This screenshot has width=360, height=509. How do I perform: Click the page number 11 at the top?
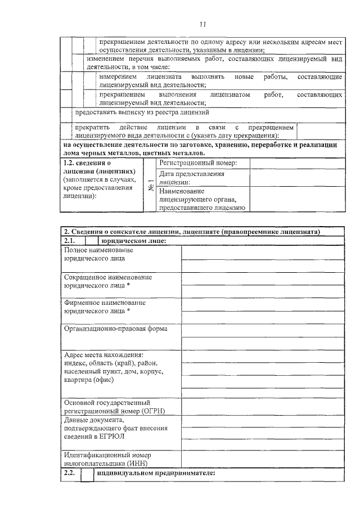click(203, 24)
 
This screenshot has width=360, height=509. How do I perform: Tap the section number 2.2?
click(69, 474)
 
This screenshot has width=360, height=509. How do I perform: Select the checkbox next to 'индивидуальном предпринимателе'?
click(87, 474)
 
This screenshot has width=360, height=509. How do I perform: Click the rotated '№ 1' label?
click(151, 186)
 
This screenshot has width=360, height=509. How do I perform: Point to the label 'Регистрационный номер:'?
click(190, 163)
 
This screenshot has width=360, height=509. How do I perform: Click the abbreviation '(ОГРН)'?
click(148, 411)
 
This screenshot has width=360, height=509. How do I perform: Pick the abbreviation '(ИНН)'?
click(137, 463)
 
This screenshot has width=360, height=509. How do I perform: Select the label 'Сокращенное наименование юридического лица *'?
click(107, 281)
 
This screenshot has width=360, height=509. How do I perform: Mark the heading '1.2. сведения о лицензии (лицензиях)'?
click(99, 166)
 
